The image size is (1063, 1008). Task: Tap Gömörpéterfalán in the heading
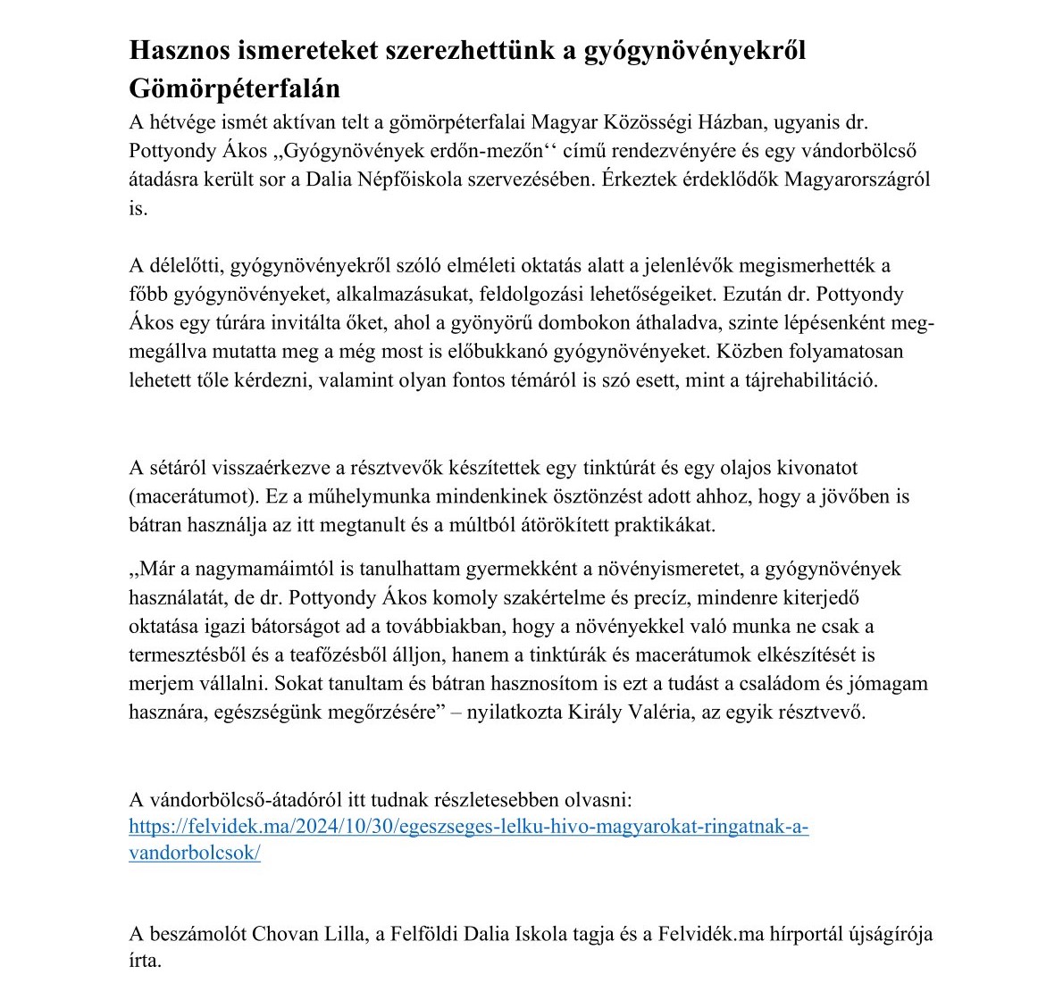pyautogui.click(x=235, y=88)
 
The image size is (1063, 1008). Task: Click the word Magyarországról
pyautogui.click(x=858, y=179)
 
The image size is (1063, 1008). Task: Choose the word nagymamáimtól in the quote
pyautogui.click(x=246, y=569)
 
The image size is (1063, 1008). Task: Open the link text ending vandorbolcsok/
pyautogui.click(x=195, y=853)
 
